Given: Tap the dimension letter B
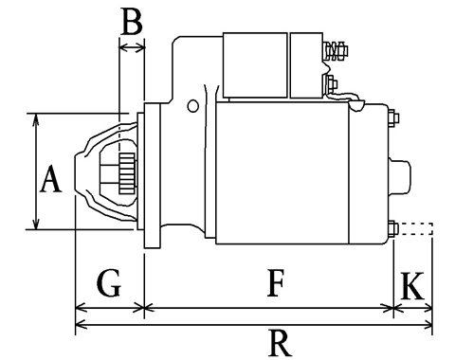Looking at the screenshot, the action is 132,22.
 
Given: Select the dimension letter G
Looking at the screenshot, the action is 109,283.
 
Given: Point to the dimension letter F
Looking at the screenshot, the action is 276,283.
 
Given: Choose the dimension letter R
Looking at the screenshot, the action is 280,343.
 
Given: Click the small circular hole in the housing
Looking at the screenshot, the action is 192,106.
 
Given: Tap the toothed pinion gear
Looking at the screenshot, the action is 127,173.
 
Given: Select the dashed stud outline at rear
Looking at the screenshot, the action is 415,228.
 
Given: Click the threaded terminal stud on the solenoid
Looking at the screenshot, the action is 335,50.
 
